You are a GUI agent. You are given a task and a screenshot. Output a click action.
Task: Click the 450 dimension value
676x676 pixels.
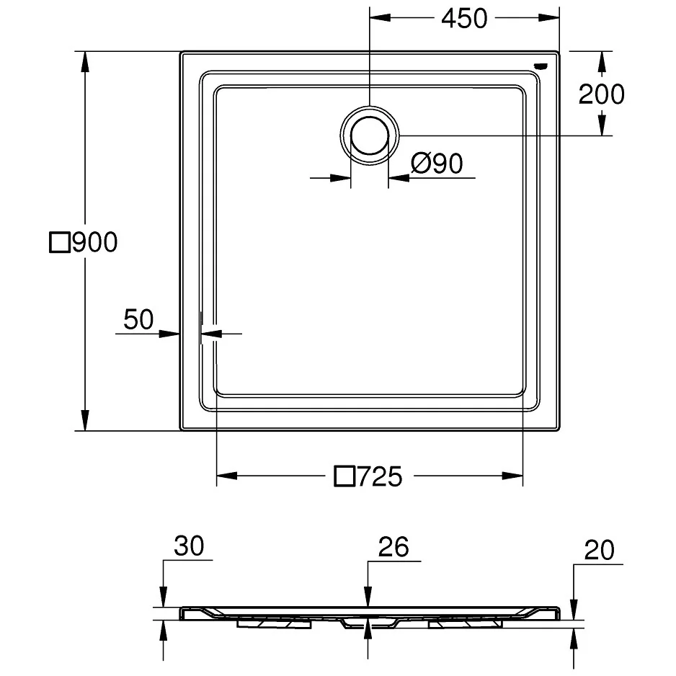click(x=464, y=19)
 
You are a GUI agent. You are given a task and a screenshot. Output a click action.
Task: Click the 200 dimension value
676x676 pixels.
click(x=602, y=94)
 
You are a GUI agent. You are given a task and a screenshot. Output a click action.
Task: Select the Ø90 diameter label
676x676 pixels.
click(x=437, y=164)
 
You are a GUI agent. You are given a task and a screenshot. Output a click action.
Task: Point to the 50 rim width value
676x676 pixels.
click(x=138, y=319)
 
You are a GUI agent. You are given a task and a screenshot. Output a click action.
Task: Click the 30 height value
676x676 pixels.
click(x=188, y=547)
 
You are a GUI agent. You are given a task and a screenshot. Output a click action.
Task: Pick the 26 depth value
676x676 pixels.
click(x=393, y=547)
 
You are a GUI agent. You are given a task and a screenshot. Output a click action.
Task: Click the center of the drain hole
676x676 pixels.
click(x=370, y=135)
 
